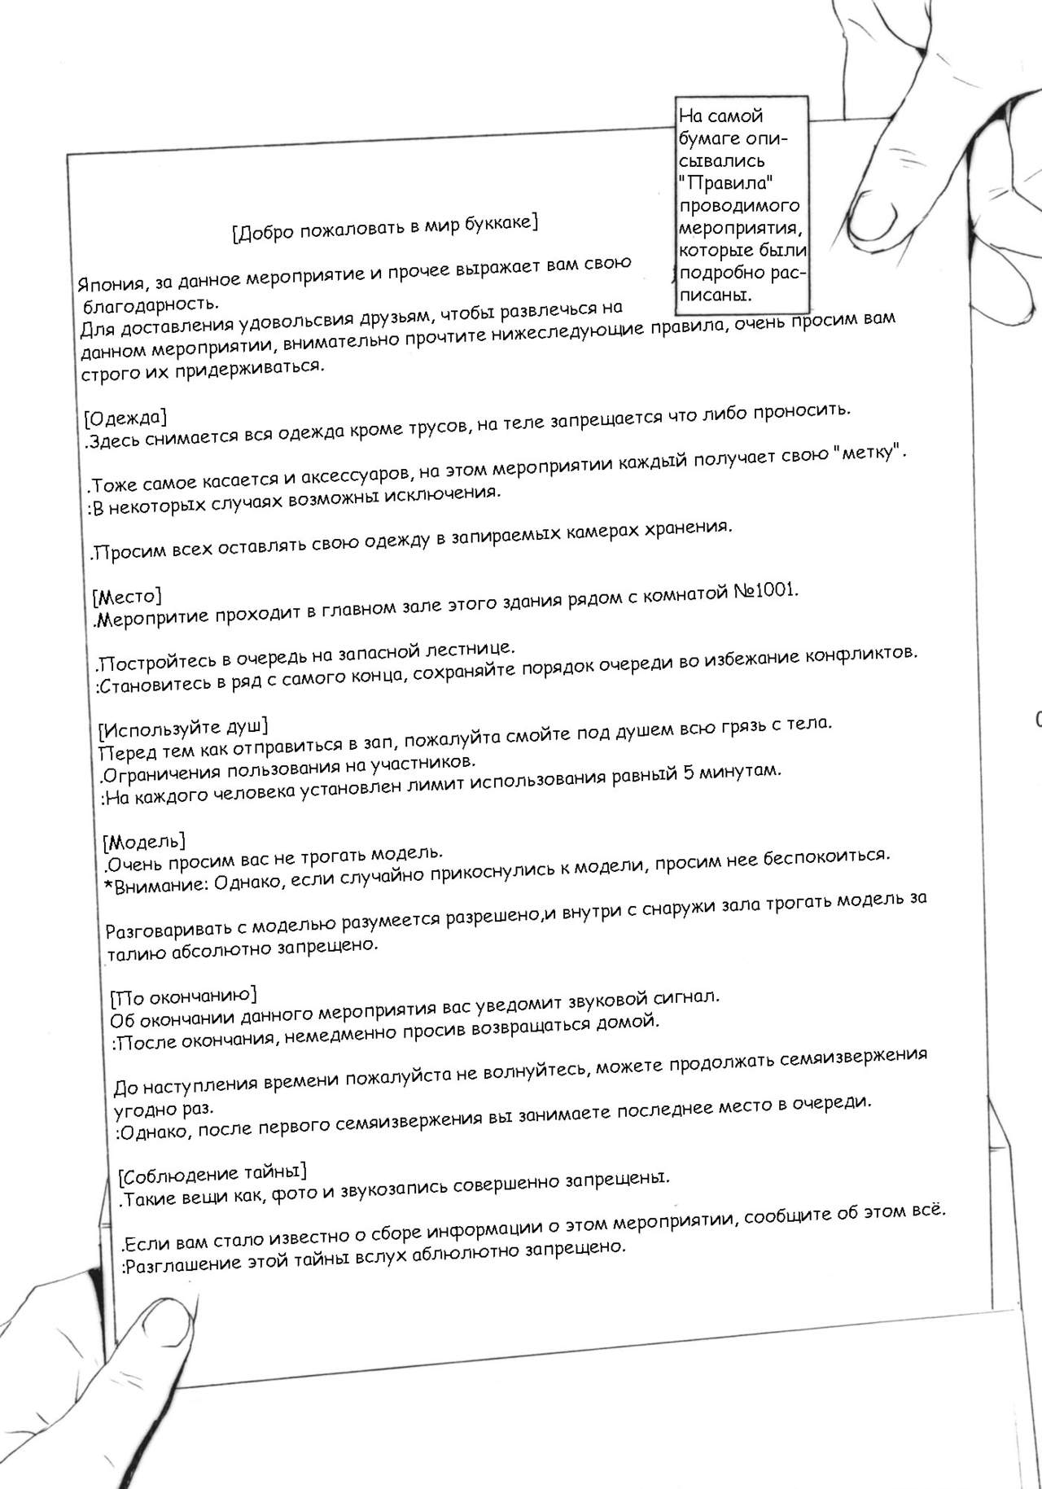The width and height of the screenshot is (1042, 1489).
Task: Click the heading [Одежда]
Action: click(x=125, y=418)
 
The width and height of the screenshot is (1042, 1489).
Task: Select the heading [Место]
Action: click(x=127, y=597)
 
